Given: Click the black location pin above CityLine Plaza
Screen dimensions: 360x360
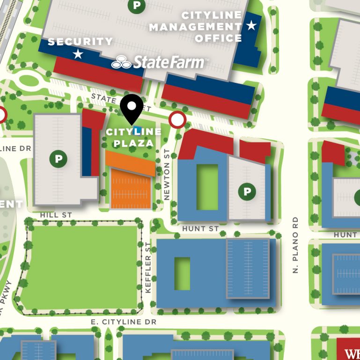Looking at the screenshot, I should coord(132,107).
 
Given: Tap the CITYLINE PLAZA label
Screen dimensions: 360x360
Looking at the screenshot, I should coord(133,137).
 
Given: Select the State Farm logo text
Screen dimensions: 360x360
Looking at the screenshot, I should coord(159,62).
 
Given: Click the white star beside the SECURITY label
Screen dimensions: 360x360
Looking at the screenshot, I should coord(78,54).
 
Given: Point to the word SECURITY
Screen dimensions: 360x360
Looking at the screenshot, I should coord(80,42).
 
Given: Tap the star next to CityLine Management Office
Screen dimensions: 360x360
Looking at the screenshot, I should coord(252,25).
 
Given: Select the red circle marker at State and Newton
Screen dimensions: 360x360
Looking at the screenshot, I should coord(177,120).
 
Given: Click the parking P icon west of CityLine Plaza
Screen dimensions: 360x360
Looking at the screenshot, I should coord(58,159).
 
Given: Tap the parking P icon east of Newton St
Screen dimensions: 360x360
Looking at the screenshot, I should coord(247,191).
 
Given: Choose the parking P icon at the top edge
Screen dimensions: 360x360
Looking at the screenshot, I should coord(137,5).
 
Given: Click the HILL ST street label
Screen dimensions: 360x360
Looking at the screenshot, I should coord(56,214).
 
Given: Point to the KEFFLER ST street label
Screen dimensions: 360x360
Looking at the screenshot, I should coord(148,268).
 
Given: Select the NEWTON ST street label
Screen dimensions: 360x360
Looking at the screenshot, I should coord(166,175).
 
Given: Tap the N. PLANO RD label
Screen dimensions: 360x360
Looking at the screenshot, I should coord(295,245).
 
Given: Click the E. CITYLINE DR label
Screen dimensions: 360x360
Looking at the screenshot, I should coord(124,322).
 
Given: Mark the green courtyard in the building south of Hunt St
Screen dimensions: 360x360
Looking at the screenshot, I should coord(182,273).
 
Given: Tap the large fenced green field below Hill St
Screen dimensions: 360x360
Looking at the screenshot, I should coord(79,267).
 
